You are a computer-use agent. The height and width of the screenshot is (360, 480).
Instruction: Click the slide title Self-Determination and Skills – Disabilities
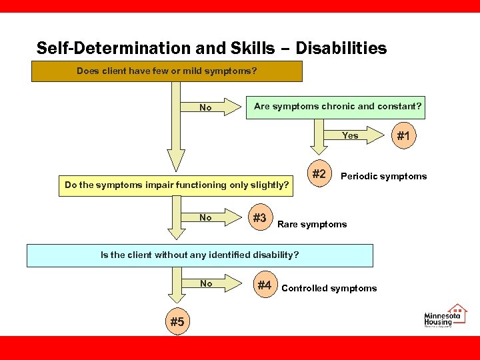pos(211,49)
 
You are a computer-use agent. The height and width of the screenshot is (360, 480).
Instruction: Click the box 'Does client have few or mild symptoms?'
pos(167,71)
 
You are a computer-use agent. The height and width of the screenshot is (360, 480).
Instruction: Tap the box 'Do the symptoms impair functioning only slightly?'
pos(177,185)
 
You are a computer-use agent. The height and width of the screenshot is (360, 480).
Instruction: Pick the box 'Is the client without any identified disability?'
pos(199,255)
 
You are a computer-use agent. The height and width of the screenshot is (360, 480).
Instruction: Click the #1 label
pos(404,136)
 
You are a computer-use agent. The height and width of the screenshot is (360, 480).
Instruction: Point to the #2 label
pos(319,175)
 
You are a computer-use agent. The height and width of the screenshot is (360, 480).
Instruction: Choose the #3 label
pos(259,218)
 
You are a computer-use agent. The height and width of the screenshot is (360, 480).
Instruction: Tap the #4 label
pos(264,285)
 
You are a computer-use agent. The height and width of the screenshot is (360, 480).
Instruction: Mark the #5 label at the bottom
pos(177,322)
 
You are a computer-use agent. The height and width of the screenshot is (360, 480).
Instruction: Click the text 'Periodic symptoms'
pos(383,177)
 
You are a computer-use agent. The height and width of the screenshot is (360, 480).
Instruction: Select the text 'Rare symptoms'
pos(312,224)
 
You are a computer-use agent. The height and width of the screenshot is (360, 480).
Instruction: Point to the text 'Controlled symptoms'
pos(329,289)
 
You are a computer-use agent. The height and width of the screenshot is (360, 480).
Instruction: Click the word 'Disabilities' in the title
pos(341,49)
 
